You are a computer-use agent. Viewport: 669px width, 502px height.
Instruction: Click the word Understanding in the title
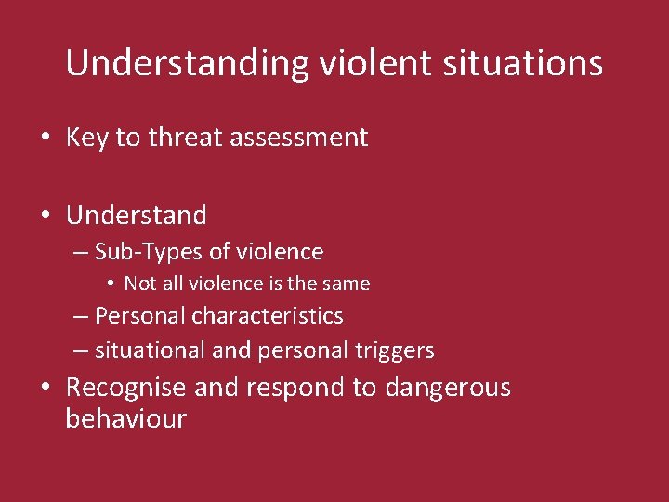(x=187, y=64)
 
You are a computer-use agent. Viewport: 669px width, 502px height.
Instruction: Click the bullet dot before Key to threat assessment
(x=45, y=139)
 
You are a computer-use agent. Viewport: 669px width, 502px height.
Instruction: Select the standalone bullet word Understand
(x=137, y=216)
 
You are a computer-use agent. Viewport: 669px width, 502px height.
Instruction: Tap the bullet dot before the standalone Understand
(x=45, y=217)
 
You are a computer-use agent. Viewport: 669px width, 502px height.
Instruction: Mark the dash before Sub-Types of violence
(x=82, y=253)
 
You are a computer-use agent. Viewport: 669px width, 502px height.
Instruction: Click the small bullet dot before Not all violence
(x=110, y=284)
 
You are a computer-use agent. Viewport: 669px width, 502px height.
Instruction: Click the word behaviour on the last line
(x=125, y=418)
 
